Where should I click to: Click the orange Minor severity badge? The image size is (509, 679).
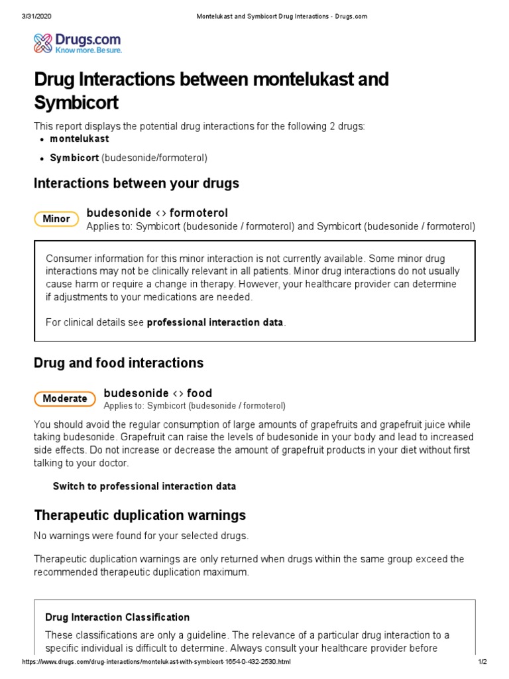[x=56, y=219]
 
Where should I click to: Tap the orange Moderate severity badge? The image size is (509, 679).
[x=64, y=399]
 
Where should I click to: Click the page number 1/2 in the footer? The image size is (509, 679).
[x=482, y=662]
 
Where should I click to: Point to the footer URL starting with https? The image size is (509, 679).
[x=156, y=662]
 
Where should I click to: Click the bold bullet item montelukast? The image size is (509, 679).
[x=80, y=139]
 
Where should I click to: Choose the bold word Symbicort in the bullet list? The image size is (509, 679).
[x=74, y=158]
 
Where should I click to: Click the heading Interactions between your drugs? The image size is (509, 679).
[x=137, y=183]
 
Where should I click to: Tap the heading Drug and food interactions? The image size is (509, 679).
[x=119, y=363]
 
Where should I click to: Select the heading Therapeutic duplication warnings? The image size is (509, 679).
[x=140, y=515]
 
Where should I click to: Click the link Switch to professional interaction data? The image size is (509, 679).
[x=144, y=486]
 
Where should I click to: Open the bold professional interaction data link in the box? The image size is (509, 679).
[x=215, y=322]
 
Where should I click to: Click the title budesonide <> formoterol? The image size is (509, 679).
[x=157, y=213]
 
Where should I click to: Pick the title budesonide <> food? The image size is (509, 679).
[x=158, y=393]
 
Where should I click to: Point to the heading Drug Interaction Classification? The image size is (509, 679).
[x=117, y=617]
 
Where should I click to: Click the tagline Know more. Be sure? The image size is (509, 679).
[x=89, y=50]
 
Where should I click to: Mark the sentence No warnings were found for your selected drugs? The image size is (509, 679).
[x=141, y=535]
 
